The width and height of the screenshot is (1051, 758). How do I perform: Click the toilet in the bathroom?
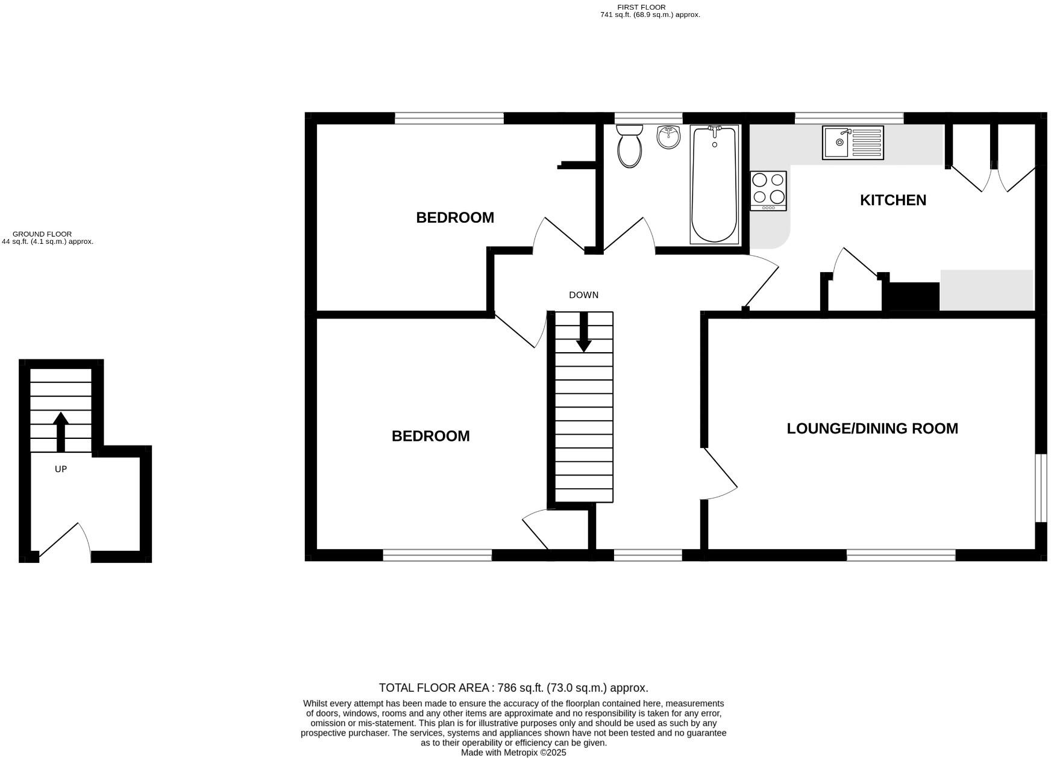point(630,146)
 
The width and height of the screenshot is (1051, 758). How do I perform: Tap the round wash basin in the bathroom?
point(668,137)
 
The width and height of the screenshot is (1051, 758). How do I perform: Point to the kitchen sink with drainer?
point(853,143)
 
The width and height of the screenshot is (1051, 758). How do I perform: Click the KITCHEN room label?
point(893,200)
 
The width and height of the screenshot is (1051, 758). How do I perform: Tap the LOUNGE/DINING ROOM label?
point(872,429)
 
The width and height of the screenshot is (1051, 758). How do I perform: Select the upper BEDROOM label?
point(455,218)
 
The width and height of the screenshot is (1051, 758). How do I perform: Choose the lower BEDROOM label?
point(430,436)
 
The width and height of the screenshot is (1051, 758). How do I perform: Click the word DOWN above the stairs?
point(583,295)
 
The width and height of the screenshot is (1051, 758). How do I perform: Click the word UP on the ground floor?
point(61,469)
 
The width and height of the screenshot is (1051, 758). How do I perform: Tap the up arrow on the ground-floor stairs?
point(60,431)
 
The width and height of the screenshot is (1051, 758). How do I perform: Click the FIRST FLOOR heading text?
point(641,7)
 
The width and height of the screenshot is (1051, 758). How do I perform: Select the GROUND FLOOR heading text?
point(42,234)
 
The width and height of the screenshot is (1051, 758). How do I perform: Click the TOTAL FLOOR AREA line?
point(513,688)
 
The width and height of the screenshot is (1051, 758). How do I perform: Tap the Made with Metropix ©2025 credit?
point(513,753)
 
